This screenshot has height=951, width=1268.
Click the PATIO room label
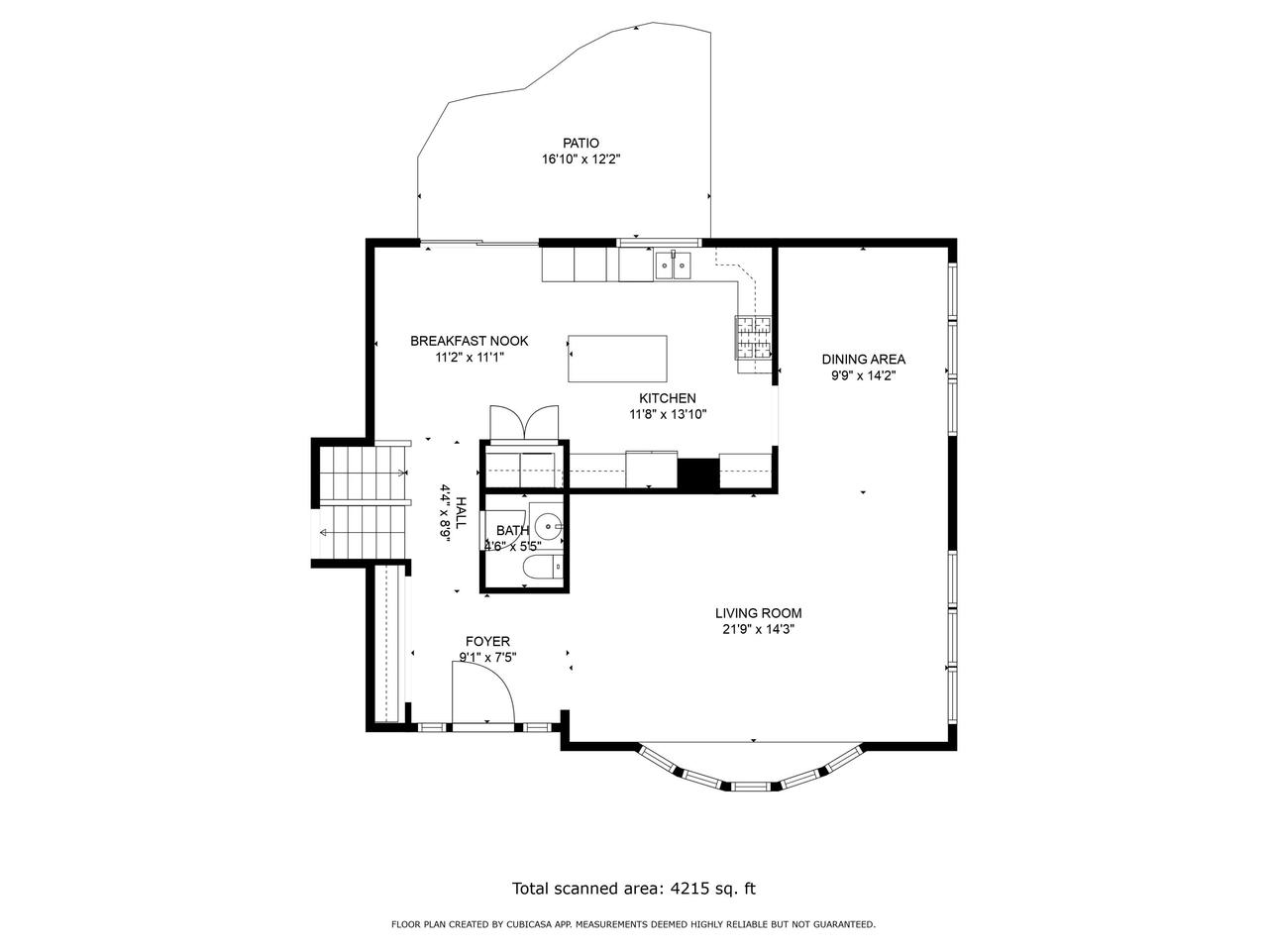581,143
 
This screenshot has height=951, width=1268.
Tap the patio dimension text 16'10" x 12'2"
581,159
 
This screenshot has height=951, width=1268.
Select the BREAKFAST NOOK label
470,341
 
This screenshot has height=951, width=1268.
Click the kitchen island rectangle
617,359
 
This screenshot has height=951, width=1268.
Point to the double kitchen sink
673,265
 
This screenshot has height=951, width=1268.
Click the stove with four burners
752,337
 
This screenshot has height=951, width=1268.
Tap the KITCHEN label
668,398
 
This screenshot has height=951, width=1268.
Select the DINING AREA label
864,360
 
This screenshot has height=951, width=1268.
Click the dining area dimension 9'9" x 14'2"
864,375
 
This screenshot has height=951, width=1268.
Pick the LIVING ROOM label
759,613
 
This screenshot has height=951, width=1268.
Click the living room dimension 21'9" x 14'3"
759,629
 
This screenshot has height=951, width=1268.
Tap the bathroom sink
547,525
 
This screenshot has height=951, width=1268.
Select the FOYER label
487,641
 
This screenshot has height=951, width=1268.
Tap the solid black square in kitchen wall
697,474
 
